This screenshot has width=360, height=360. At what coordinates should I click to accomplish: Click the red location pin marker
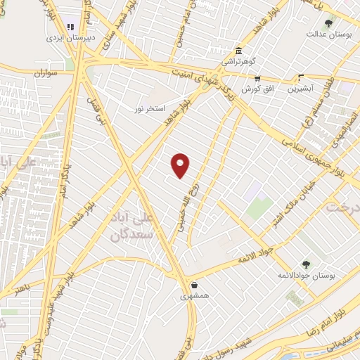[x=181, y=165]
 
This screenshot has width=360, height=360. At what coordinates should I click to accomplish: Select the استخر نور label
[x=150, y=108]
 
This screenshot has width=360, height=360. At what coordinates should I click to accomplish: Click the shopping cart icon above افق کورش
[x=257, y=79]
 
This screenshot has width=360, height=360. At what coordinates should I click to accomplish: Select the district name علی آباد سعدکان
[x=132, y=227]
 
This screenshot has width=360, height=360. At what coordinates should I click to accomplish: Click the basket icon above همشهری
[x=194, y=285]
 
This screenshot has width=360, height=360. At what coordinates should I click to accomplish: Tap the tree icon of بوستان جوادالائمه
[x=306, y=264]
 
